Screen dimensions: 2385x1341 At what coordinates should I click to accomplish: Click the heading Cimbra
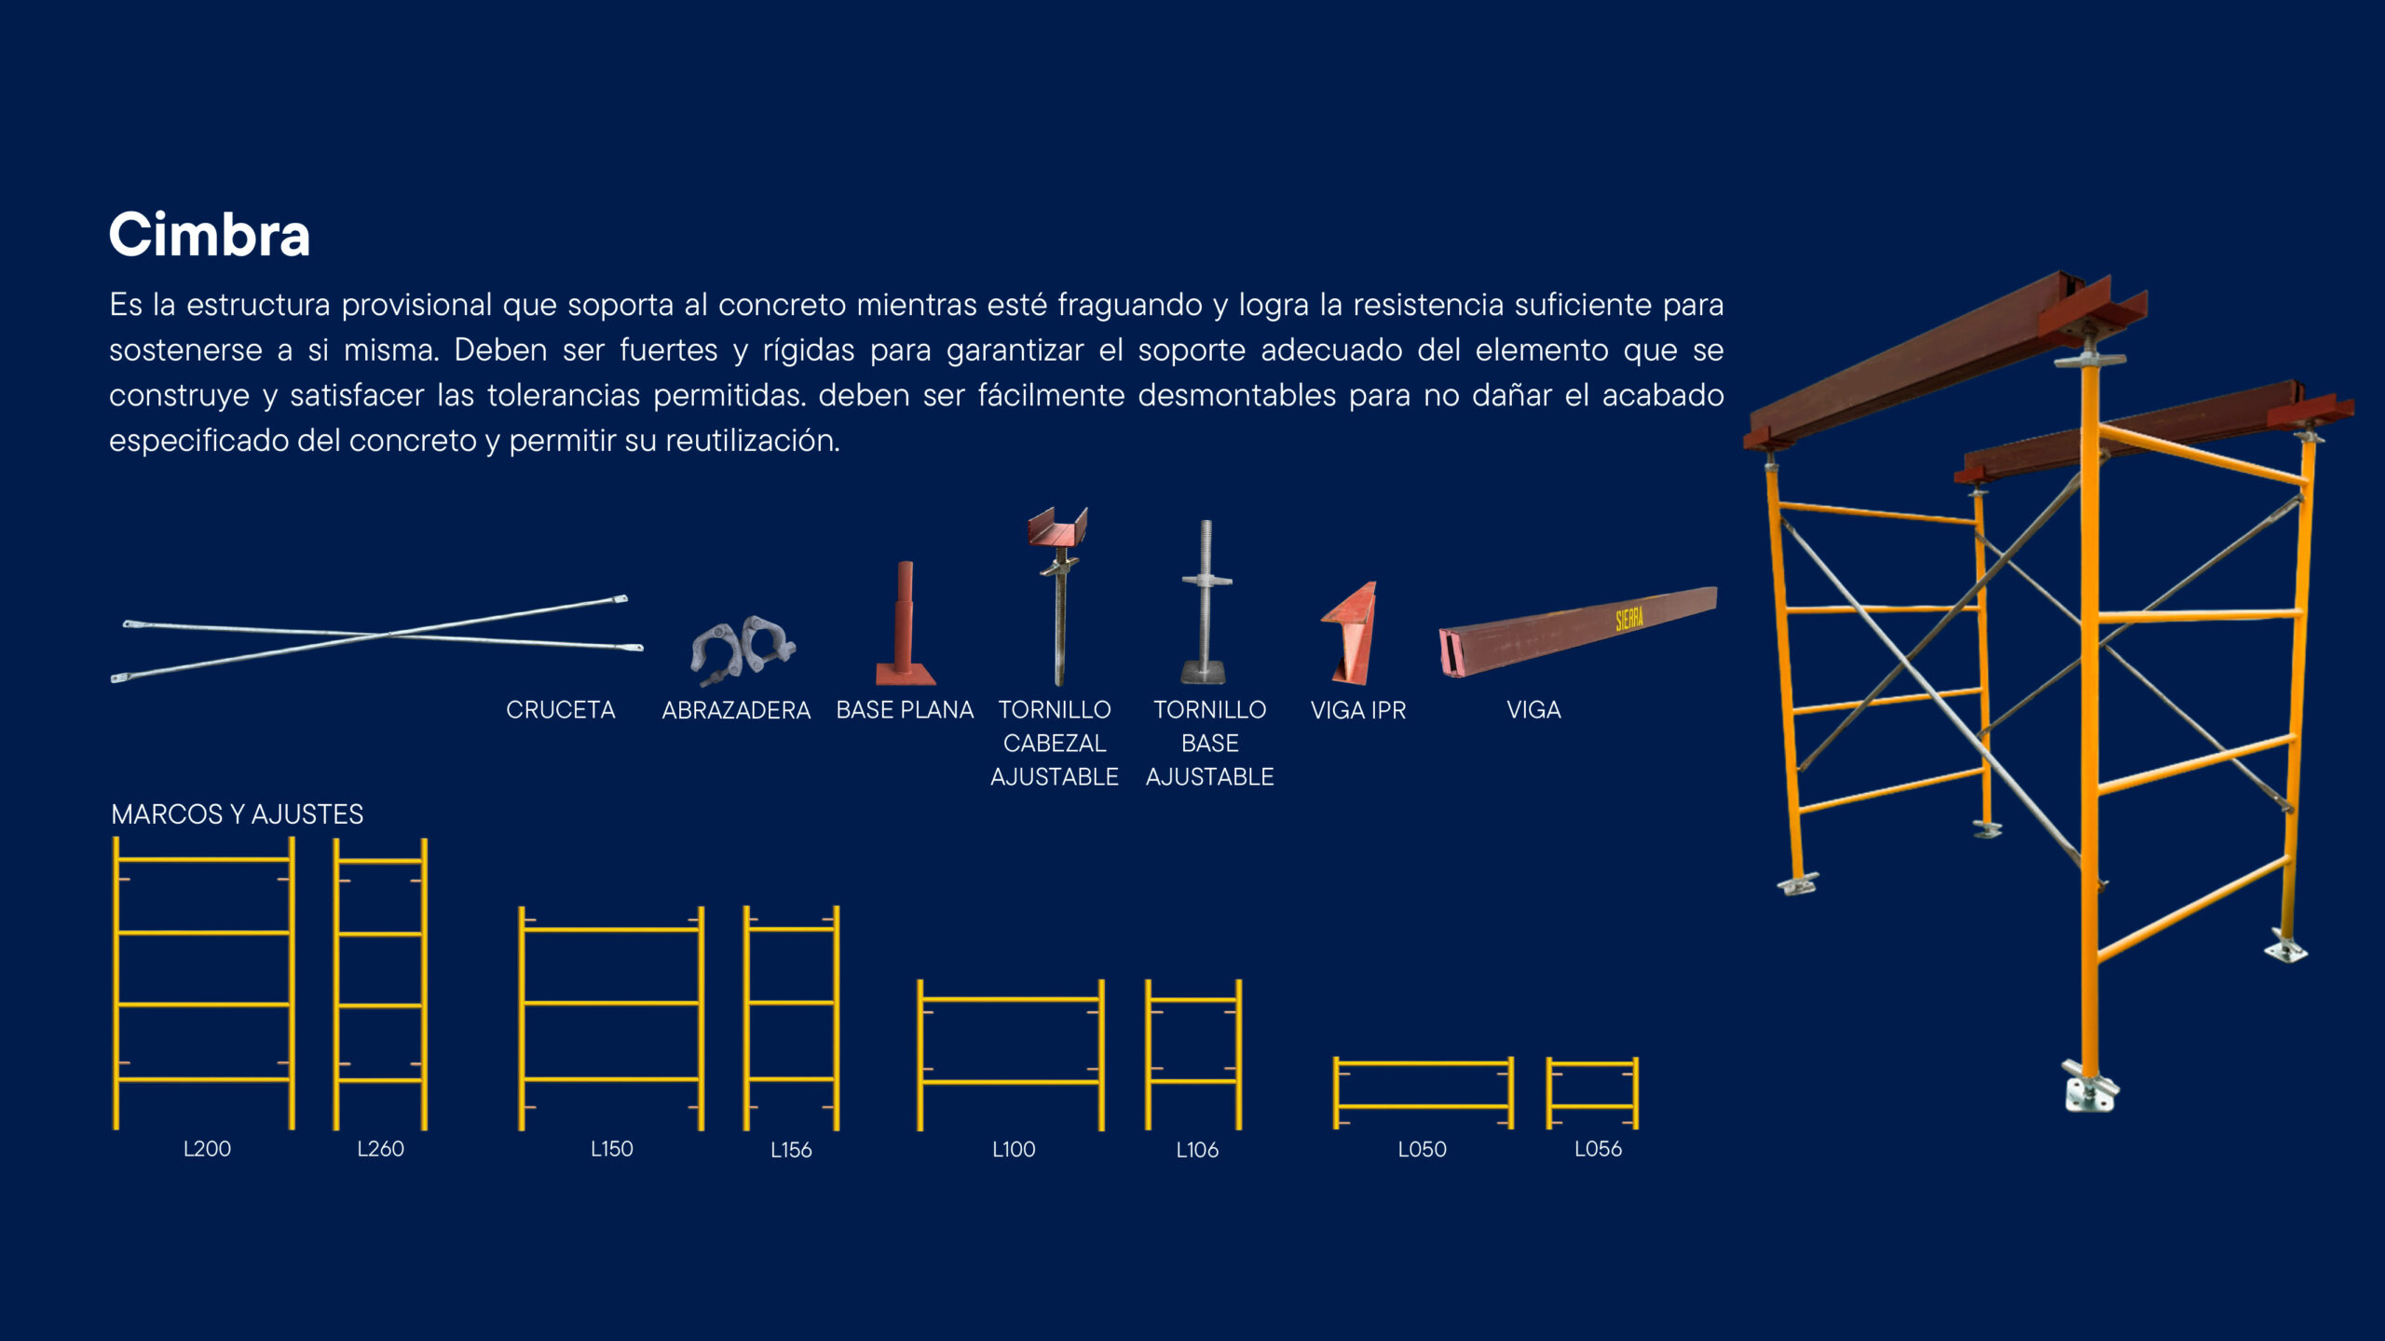210,234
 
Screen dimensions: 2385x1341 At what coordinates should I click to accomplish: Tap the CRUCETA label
560,710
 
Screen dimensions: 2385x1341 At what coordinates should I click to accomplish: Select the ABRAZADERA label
736,710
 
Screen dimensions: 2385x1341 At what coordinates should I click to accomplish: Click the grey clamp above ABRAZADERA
743,649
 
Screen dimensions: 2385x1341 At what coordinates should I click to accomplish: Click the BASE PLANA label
905,710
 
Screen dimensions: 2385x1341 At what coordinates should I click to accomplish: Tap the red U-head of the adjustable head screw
1057,527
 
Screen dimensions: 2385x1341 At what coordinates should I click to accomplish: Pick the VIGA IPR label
1357,710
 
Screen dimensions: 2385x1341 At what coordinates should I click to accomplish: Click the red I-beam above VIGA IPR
1350,633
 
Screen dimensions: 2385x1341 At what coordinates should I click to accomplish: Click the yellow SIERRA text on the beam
1629,619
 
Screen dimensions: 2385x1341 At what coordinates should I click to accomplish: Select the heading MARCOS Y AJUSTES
237,814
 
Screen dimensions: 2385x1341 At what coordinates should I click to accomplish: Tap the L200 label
207,1149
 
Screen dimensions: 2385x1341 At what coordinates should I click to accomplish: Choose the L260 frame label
380,1149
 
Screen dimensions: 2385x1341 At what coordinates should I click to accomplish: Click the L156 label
791,1150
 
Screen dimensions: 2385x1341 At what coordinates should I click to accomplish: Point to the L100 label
1014,1149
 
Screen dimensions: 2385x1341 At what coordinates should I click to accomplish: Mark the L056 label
1598,1149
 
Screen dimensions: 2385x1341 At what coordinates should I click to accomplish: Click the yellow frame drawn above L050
1423,1063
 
